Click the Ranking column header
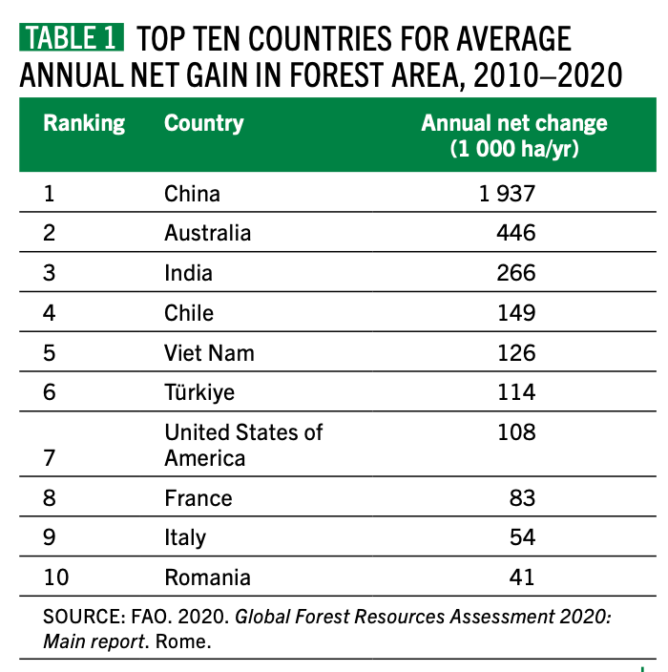click(x=84, y=123)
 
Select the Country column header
click(x=203, y=123)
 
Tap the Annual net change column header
click(x=514, y=136)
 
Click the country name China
click(x=192, y=194)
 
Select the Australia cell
click(x=207, y=234)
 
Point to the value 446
click(x=515, y=234)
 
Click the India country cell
click(x=188, y=274)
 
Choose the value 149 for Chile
click(x=515, y=313)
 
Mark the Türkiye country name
click(x=198, y=392)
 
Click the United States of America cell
click(x=243, y=445)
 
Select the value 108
click(x=515, y=432)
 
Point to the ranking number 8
click(x=50, y=498)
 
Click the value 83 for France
click(x=521, y=498)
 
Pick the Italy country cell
click(x=184, y=537)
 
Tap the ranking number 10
click(x=56, y=577)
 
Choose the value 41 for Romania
click(x=521, y=577)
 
